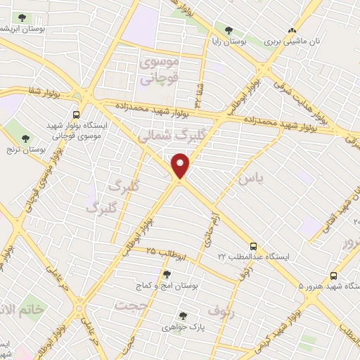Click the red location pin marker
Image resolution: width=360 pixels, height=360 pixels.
click(181, 166)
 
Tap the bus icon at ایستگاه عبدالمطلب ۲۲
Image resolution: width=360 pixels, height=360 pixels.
click(254, 247)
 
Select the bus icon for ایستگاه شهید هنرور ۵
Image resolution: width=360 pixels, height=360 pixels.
click(333, 276)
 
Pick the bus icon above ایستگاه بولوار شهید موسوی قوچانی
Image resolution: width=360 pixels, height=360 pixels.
click(75, 114)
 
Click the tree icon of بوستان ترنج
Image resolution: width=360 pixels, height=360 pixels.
click(26, 139)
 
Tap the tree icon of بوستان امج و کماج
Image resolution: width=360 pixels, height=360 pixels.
click(167, 275)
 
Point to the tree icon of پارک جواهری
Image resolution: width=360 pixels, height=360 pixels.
click(183, 316)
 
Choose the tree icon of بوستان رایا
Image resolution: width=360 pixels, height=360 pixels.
click(229, 30)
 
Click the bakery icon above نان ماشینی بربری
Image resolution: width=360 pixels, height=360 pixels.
click(291, 31)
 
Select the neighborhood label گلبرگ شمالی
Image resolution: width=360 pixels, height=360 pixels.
click(166, 136)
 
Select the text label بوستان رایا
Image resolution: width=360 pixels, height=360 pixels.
click(226, 42)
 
